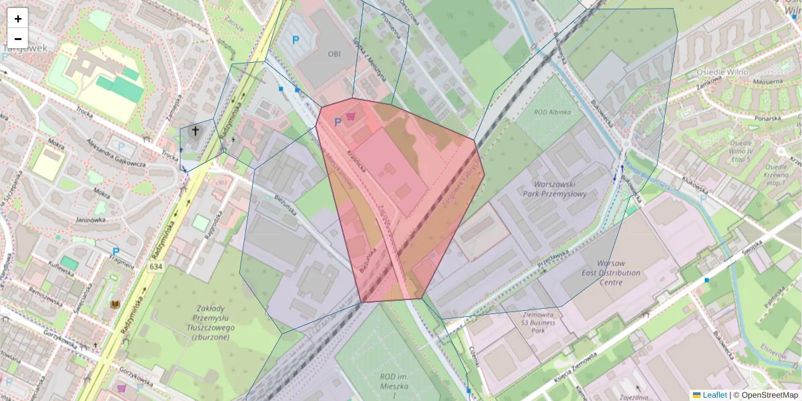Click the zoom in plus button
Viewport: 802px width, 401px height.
pos(18,19)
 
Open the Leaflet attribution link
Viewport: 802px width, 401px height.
pos(714,395)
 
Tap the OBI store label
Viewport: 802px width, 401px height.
pos(334,53)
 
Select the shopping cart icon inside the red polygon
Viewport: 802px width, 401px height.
pos(350,116)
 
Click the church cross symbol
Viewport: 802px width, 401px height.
pos(196,131)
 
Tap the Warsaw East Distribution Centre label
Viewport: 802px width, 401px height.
pos(610,273)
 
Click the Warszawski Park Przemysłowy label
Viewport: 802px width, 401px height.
pos(561,189)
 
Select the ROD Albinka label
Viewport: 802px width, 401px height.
pos(552,112)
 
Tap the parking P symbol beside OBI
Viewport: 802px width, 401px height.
pos(296,40)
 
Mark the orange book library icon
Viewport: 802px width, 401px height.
pos(116,305)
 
